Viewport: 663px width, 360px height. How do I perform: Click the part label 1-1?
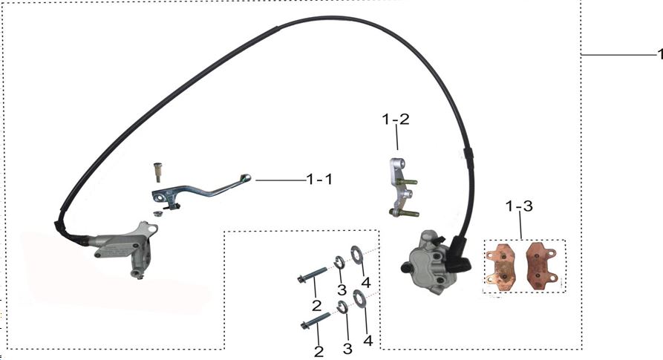coord(319,180)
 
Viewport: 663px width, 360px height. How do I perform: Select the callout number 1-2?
coord(396,119)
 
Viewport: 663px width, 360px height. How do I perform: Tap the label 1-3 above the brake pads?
coord(519,206)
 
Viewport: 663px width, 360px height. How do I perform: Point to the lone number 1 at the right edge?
coord(659,54)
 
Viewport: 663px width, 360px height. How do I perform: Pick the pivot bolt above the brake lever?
coord(157,171)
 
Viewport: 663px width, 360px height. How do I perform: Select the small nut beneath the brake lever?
coord(158,213)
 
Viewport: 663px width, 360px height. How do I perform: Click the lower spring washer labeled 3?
coord(343,307)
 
